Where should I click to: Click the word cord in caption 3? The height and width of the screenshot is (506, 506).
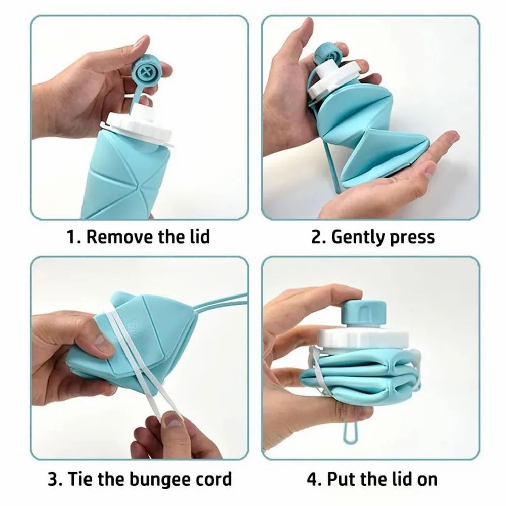(x=212, y=478)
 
